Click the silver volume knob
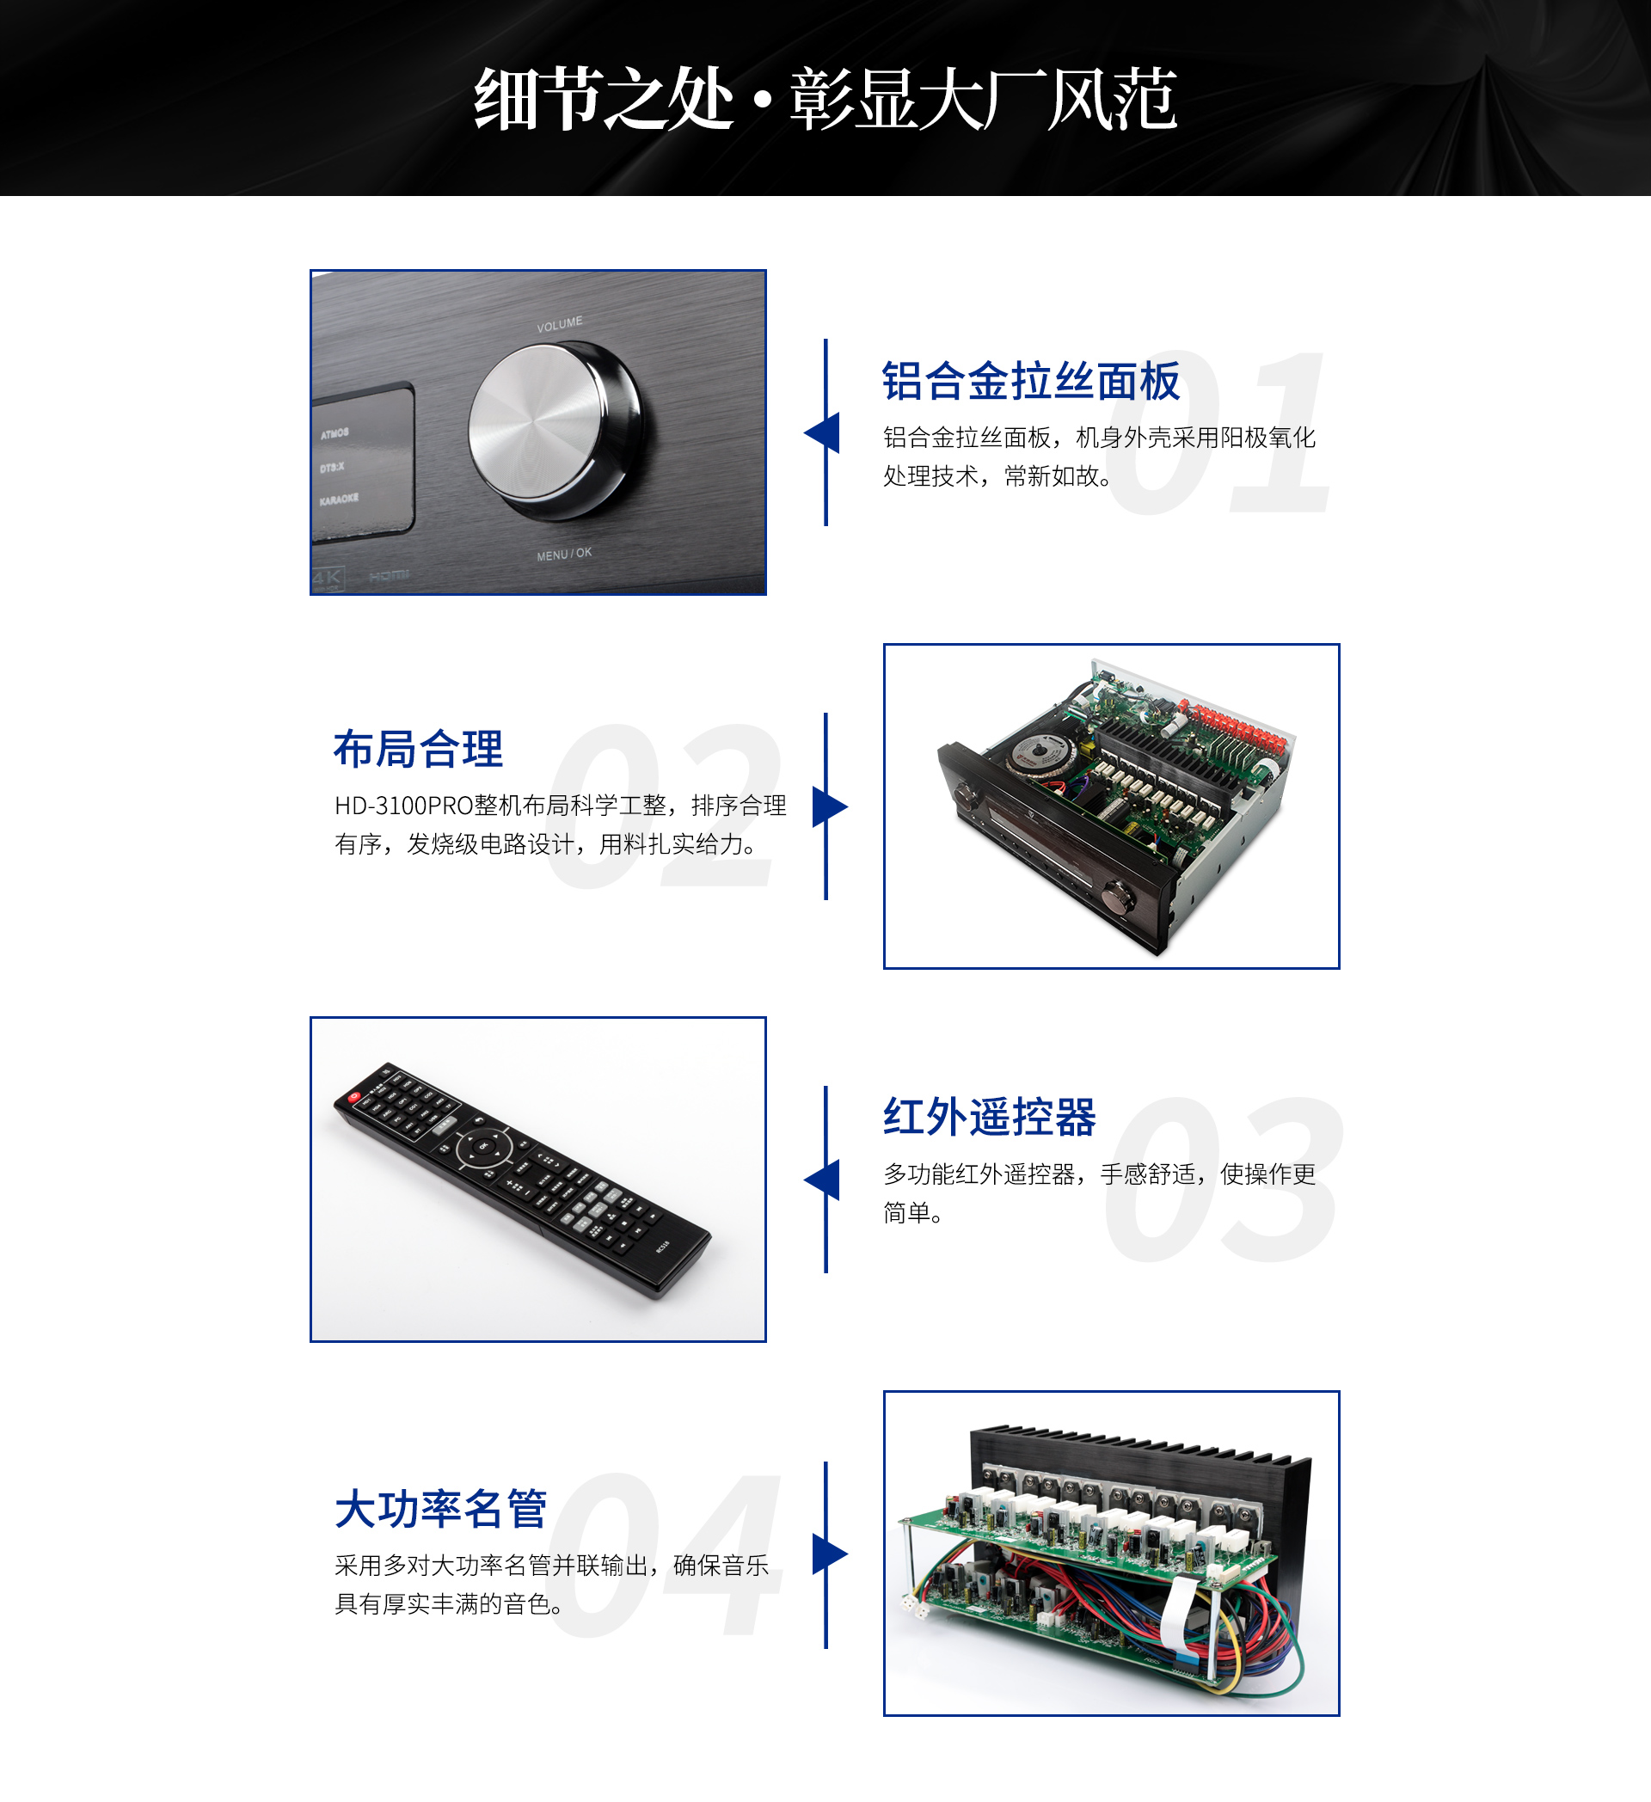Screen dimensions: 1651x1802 pyautogui.click(x=555, y=432)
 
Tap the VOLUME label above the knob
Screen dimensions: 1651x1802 pyautogui.click(x=560, y=323)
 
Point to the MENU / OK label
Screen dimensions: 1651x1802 pyautogui.click(x=564, y=555)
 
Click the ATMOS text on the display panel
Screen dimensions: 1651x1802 pyautogui.click(x=335, y=433)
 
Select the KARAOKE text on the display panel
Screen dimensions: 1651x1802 pyautogui.click(x=339, y=498)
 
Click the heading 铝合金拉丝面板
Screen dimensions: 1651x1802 pyautogui.click(x=1031, y=382)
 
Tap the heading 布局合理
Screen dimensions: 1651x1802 pyautogui.click(x=418, y=749)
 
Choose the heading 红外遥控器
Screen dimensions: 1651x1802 pyautogui.click(x=990, y=1118)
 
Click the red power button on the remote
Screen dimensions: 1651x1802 pyautogui.click(x=355, y=1097)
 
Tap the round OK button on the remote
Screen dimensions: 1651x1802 pyautogui.click(x=483, y=1145)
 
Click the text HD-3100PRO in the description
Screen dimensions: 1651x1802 pyautogui.click(x=403, y=806)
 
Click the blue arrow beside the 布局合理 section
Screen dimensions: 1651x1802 pyautogui.click(x=830, y=806)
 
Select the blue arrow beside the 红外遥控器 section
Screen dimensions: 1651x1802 pyautogui.click(x=821, y=1180)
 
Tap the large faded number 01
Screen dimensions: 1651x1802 pyautogui.click(x=1218, y=432)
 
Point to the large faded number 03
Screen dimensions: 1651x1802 pyautogui.click(x=1223, y=1180)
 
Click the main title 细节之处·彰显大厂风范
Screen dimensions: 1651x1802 pyautogui.click(x=825, y=98)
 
